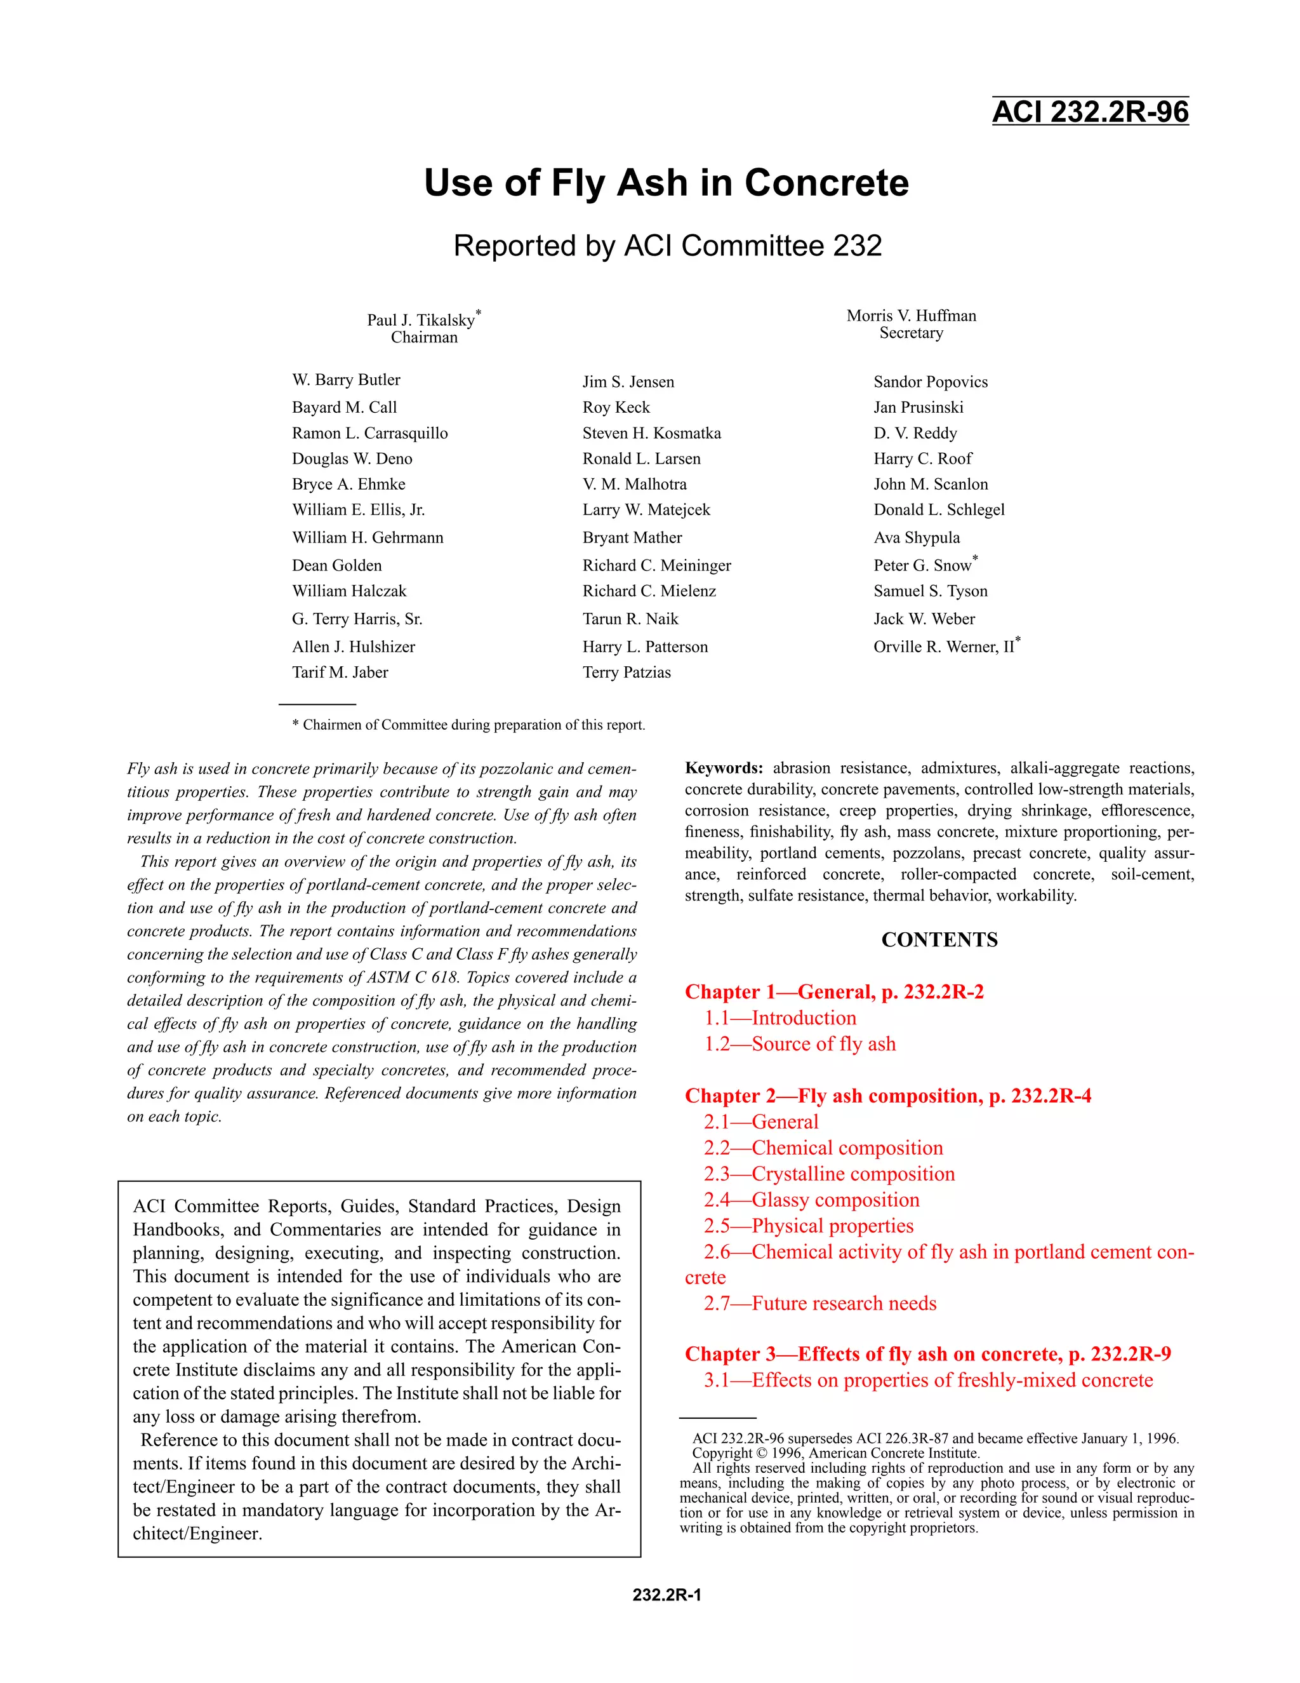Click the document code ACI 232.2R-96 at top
pyautogui.click(x=1090, y=112)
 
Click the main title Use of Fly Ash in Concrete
pyautogui.click(x=666, y=184)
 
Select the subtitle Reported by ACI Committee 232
pyautogui.click(x=667, y=246)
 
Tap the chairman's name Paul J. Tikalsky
pyautogui.click(x=420, y=320)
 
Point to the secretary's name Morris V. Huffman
pyautogui.click(x=911, y=316)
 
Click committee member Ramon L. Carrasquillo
pyautogui.click(x=369, y=433)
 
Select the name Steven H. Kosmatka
pyautogui.click(x=651, y=433)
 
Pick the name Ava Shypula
pyautogui.click(x=917, y=537)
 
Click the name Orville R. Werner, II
pyautogui.click(x=943, y=647)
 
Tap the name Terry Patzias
pyautogui.click(x=626, y=672)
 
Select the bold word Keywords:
pyautogui.click(x=723, y=768)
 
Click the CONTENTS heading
pyautogui.click(x=939, y=939)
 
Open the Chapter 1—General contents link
pyautogui.click(x=834, y=992)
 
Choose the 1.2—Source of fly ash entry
pyautogui.click(x=799, y=1044)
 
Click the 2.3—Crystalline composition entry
pyautogui.click(x=828, y=1174)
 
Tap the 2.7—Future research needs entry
pyautogui.click(x=819, y=1303)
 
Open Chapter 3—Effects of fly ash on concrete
pyautogui.click(x=927, y=1354)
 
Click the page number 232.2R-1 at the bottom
pyautogui.click(x=666, y=1594)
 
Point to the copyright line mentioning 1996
pyautogui.click(x=835, y=1453)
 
